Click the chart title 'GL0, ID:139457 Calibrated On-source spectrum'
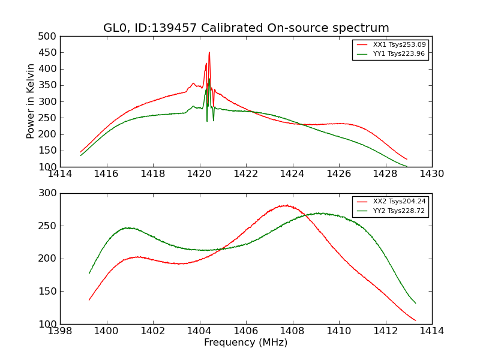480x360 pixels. (x=246, y=28)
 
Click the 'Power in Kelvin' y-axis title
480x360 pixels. (x=31, y=101)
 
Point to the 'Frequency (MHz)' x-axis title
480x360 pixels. (x=246, y=343)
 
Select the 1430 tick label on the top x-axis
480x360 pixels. (x=431, y=174)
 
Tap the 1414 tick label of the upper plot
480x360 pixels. (x=60, y=174)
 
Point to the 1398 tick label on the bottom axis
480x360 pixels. (x=60, y=331)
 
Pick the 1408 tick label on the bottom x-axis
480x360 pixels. (x=292, y=331)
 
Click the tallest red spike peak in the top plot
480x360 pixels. (x=209, y=52)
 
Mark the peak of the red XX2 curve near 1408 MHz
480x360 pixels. (x=286, y=205)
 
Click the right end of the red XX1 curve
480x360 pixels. (x=407, y=159)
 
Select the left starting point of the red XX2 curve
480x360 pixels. (x=89, y=300)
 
